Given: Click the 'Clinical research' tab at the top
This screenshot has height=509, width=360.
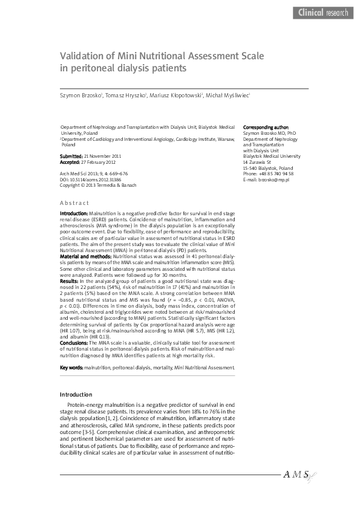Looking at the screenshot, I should [323, 12].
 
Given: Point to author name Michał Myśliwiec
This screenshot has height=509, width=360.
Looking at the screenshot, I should [227, 95].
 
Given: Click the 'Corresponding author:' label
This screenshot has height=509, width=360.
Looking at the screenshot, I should [266, 128].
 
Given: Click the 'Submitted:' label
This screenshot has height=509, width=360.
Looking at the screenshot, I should [71, 157].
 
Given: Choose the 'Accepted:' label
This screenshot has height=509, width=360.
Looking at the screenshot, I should [70, 162].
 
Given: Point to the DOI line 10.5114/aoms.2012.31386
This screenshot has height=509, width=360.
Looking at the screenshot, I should [91, 180].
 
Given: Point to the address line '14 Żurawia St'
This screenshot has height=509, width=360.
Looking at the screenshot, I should [257, 163].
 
